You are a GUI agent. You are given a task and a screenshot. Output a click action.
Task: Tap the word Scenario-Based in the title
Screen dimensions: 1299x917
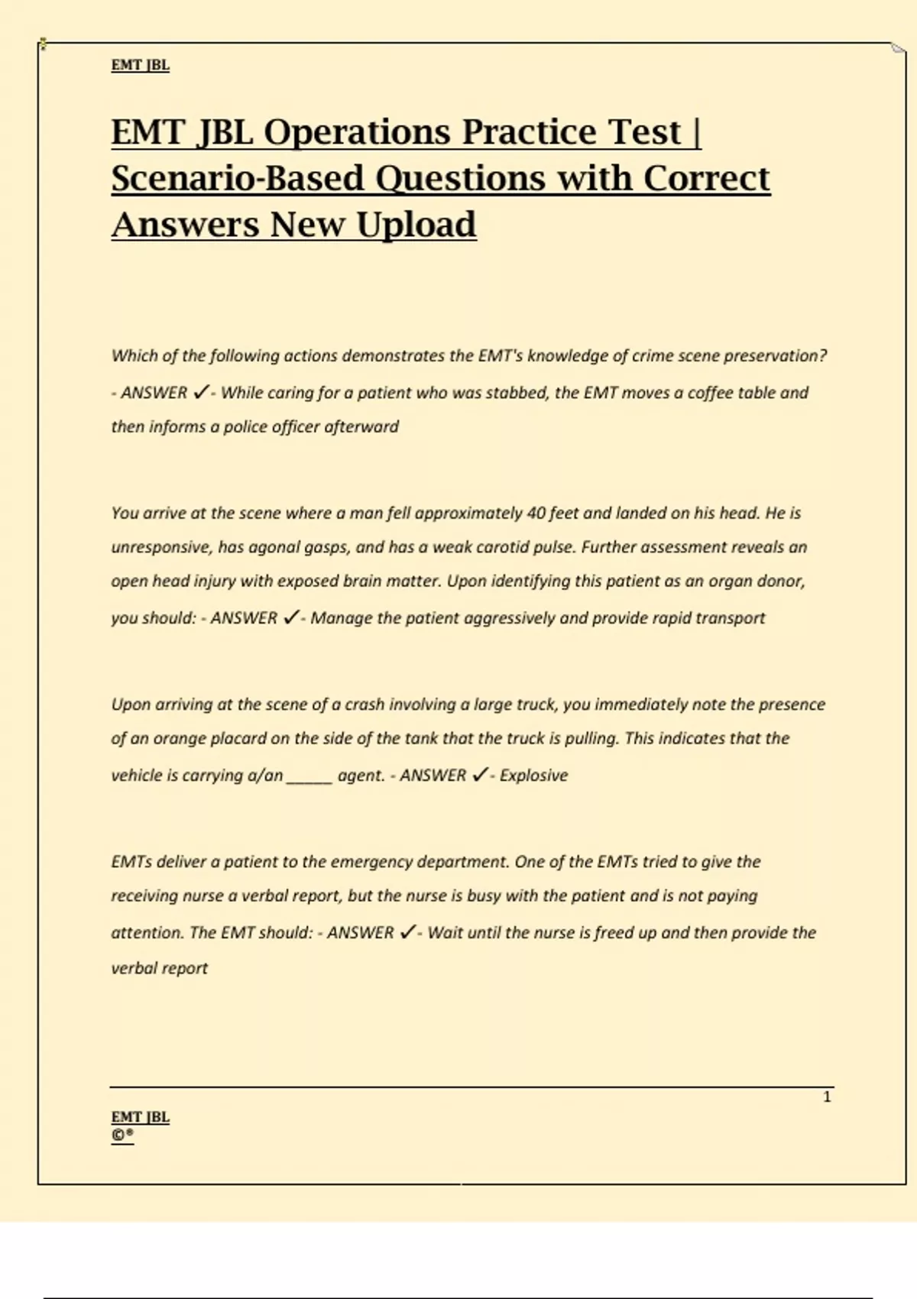tap(238, 179)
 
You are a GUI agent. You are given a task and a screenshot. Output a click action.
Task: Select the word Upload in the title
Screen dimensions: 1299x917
tap(416, 225)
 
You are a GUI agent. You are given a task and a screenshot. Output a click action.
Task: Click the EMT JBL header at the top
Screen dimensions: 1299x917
tap(141, 65)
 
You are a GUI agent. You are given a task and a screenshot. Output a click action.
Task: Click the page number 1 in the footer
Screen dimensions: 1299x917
tap(827, 1097)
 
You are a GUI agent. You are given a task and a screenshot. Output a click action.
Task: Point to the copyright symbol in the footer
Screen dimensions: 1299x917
tap(118, 1135)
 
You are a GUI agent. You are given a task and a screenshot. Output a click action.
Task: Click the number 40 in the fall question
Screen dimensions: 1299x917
tap(536, 513)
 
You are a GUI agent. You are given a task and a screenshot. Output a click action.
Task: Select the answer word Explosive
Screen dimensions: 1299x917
tap(533, 776)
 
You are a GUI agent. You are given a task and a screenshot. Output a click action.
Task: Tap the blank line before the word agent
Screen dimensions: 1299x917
tap(309, 778)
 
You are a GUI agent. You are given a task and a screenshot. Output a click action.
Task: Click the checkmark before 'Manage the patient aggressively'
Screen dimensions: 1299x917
tap(290, 617)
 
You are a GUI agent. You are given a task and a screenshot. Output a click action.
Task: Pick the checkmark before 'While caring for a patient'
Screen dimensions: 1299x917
tap(200, 392)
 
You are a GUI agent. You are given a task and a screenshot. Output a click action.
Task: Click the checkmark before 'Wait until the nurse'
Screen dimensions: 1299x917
tap(408, 931)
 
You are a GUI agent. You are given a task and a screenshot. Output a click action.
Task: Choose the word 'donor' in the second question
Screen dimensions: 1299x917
tap(780, 581)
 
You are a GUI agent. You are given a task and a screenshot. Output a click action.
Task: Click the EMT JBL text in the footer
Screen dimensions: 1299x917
tap(141, 1117)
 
